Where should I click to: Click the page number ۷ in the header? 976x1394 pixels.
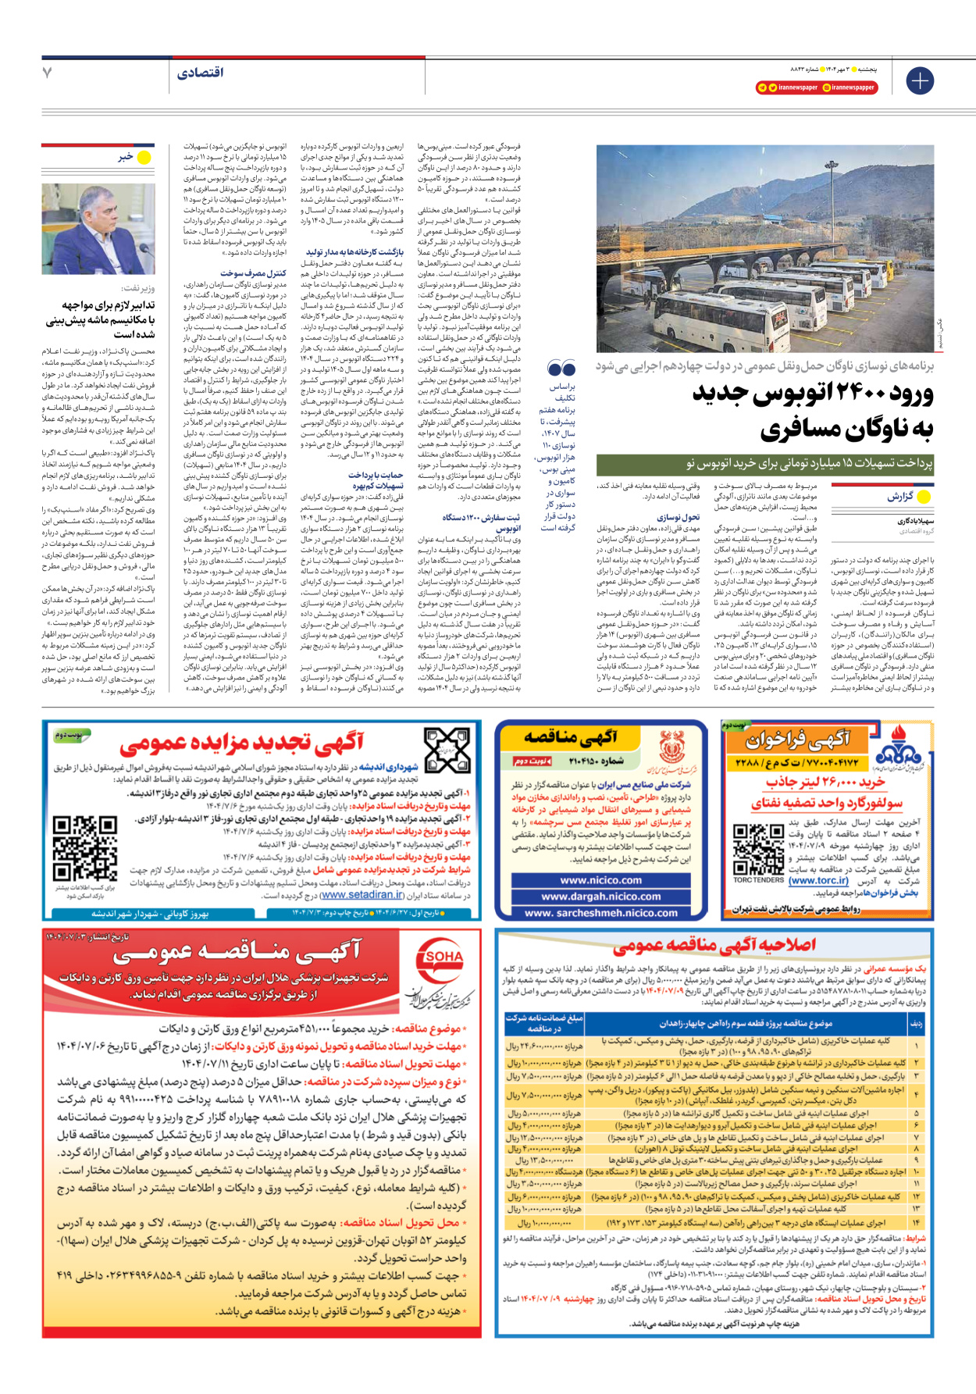coord(48,73)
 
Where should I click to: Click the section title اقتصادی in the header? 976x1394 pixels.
coord(201,73)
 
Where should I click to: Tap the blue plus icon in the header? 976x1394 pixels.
coord(920,80)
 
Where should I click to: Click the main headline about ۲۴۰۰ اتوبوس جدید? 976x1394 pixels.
coord(812,410)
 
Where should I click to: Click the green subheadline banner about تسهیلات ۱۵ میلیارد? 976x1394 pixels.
coord(765,464)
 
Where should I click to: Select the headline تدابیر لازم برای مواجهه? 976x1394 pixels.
coord(100,319)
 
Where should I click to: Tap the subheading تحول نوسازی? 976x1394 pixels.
coord(678,517)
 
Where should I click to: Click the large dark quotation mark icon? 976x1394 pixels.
coord(561,369)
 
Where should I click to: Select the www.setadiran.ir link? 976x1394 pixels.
coord(362,895)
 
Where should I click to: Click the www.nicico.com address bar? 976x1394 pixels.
coord(601,880)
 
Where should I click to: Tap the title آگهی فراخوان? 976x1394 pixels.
coord(797,739)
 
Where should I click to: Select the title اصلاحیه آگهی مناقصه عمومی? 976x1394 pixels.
coord(714,946)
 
